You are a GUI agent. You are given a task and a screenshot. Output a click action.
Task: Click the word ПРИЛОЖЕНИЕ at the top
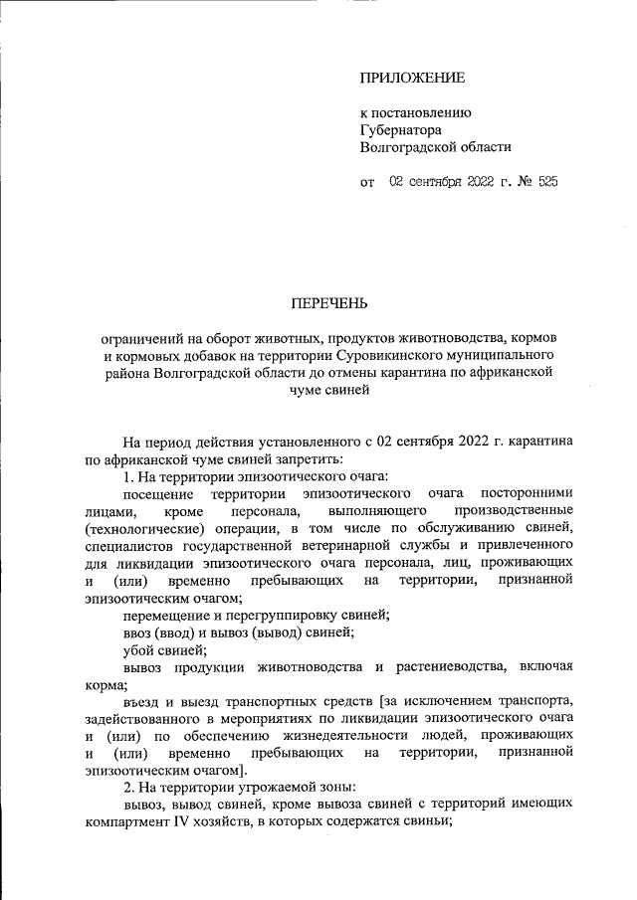tap(412, 77)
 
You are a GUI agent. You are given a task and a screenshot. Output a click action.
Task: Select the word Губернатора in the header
tap(401, 129)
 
